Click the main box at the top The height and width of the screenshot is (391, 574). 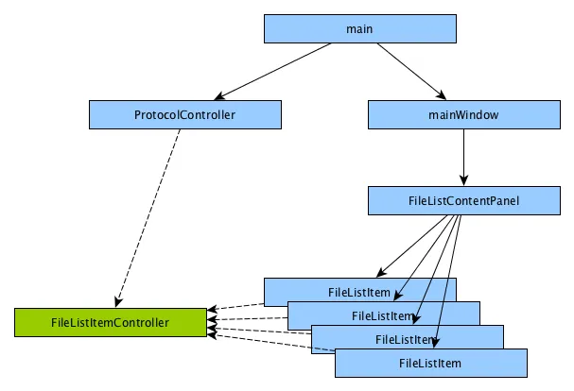(x=360, y=29)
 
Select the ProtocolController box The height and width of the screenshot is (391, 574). (x=185, y=115)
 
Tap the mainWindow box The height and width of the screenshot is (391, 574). (x=463, y=115)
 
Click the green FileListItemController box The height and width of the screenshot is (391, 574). (x=110, y=322)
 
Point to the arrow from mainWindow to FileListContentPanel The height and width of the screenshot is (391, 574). (x=463, y=156)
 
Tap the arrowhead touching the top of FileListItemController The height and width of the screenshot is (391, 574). (x=118, y=302)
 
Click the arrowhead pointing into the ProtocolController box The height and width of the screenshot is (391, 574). (x=220, y=97)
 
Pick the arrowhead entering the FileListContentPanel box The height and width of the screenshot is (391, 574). (x=463, y=180)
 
